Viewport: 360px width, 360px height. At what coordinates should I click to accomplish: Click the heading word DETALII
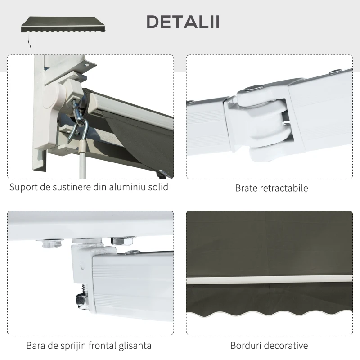(x=183, y=22)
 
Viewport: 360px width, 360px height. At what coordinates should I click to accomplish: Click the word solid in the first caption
(x=158, y=187)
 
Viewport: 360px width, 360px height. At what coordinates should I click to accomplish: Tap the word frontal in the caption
(x=101, y=346)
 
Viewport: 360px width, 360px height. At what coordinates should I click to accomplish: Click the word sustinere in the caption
(x=67, y=187)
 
